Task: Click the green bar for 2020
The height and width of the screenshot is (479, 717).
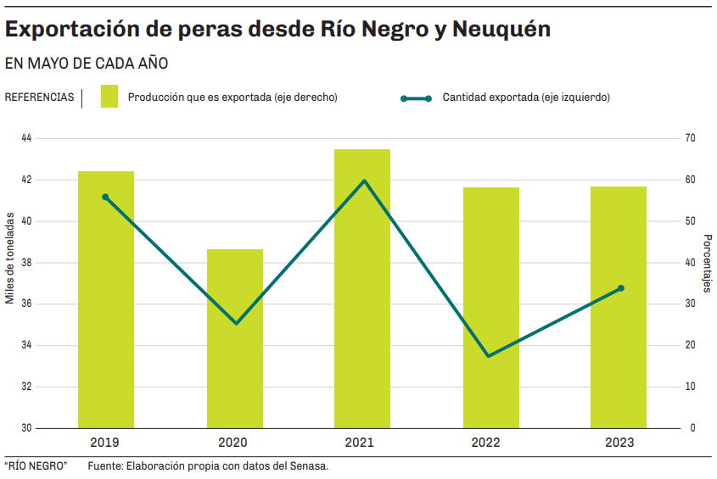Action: click(235, 338)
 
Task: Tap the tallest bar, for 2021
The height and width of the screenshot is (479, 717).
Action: click(362, 288)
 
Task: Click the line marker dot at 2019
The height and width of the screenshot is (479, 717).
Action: click(106, 197)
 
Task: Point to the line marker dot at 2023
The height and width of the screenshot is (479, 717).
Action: click(621, 288)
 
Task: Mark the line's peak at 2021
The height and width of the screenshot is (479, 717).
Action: click(364, 181)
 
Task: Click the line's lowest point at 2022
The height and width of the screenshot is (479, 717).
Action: click(489, 355)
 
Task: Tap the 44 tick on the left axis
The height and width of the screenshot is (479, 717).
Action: click(26, 138)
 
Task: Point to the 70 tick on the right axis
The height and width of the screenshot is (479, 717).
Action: click(690, 138)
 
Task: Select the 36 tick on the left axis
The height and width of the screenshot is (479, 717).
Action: click(26, 304)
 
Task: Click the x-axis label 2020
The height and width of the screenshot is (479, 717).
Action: click(232, 443)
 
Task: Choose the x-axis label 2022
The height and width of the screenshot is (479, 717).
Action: click(486, 443)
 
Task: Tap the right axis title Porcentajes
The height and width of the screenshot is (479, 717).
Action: click(707, 264)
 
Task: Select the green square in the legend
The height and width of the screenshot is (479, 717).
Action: click(109, 96)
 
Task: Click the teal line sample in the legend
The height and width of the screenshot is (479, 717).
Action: click(416, 98)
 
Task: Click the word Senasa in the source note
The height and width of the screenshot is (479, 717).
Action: click(309, 465)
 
